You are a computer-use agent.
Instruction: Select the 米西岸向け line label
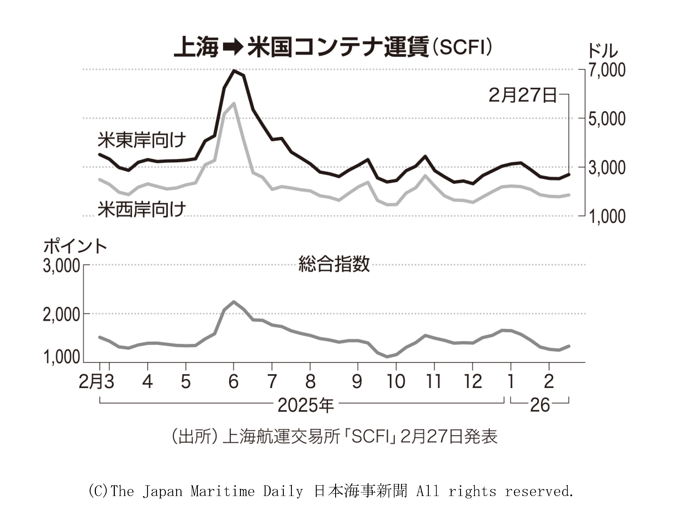142,210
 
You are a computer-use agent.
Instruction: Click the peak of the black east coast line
234,71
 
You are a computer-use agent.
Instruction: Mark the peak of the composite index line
234,302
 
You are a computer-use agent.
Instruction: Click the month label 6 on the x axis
234,382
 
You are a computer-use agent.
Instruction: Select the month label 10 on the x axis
396,382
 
